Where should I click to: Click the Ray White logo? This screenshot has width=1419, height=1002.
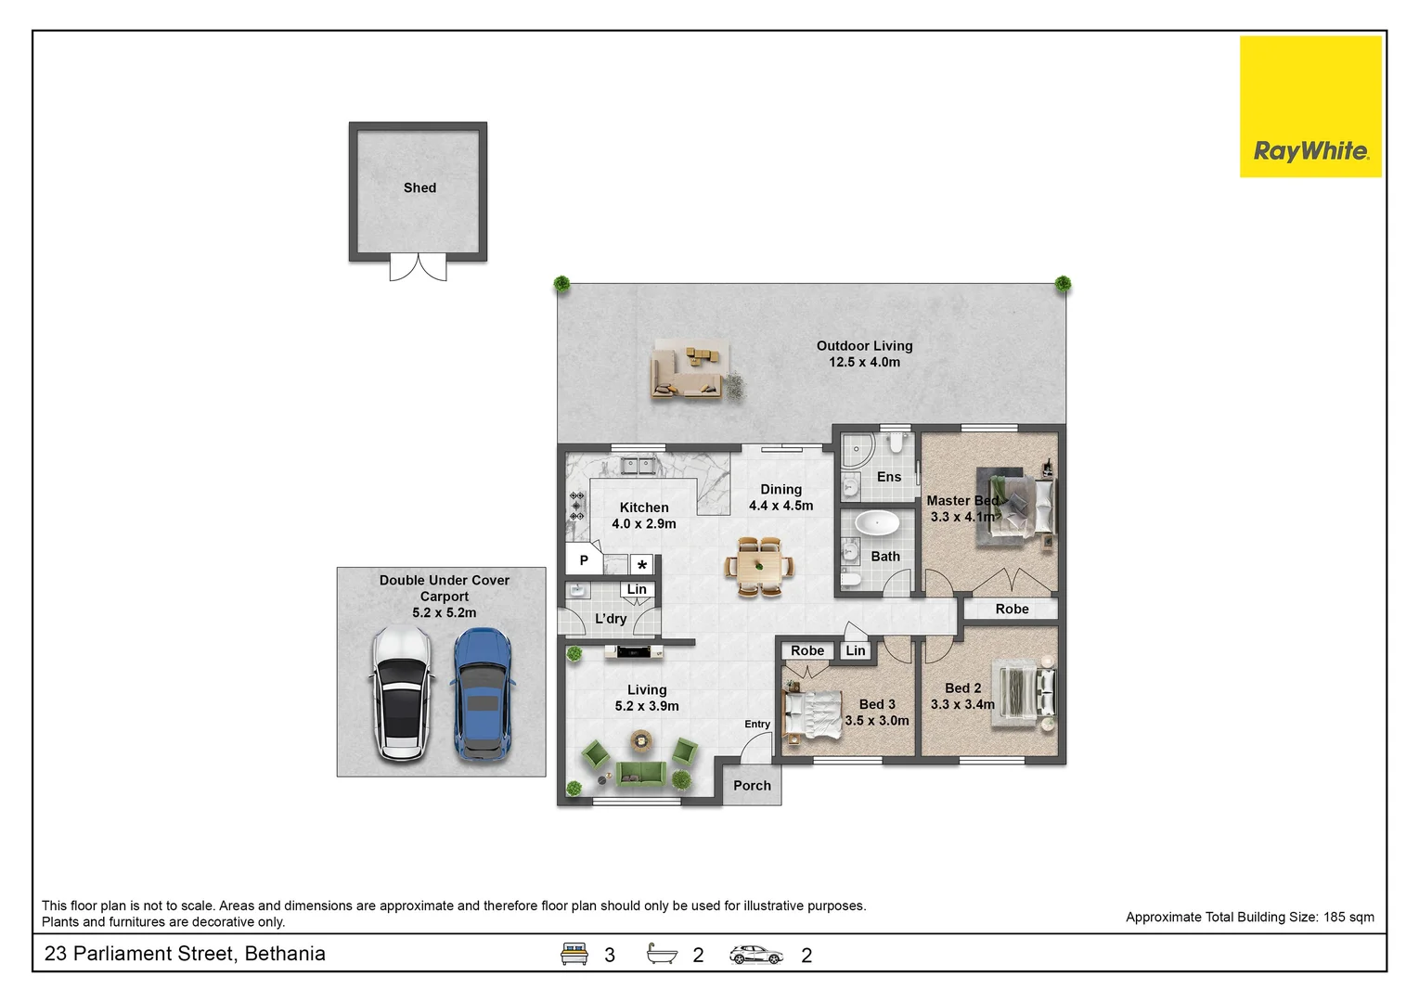tap(1310, 107)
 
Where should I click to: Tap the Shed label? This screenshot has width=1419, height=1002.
tap(419, 187)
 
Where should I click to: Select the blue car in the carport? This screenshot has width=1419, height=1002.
tap(483, 694)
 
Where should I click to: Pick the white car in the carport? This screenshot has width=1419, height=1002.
tap(402, 693)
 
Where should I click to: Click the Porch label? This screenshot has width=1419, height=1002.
tap(752, 786)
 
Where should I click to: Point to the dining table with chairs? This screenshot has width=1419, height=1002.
tap(759, 566)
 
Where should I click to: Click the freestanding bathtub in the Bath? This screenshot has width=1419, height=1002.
tap(877, 524)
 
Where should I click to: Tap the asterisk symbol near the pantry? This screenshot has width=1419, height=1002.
tap(641, 564)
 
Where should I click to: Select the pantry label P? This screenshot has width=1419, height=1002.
tap(584, 559)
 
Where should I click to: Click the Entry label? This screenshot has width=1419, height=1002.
tap(757, 724)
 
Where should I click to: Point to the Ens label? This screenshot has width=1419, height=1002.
tap(889, 477)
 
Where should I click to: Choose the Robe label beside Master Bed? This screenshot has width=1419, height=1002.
tap(1012, 609)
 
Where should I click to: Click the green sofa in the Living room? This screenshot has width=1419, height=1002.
tap(641, 774)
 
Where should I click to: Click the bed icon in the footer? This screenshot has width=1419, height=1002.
tap(574, 954)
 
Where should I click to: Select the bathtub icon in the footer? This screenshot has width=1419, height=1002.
tap(662, 953)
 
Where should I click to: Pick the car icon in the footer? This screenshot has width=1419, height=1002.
tap(755, 955)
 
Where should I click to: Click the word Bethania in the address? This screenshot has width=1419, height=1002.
tap(284, 953)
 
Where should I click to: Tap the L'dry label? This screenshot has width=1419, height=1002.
tap(611, 619)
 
